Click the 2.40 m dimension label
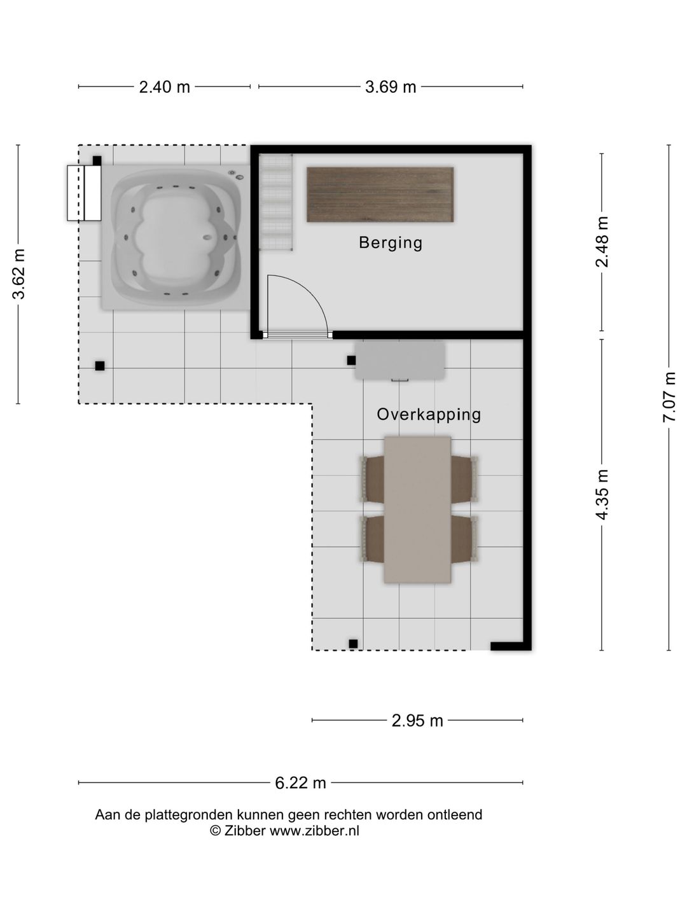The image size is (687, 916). (164, 87)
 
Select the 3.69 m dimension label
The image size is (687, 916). (391, 87)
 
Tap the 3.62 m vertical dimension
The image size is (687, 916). (19, 274)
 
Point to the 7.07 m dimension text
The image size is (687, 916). (669, 397)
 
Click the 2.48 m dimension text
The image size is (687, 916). (602, 242)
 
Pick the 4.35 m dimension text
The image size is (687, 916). (602, 494)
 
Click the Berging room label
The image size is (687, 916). (391, 243)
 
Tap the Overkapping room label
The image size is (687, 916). (429, 414)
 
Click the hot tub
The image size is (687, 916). (175, 237)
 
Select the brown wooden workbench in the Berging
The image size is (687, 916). (380, 195)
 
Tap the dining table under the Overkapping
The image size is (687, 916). (417, 510)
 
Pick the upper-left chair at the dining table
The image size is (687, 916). (372, 479)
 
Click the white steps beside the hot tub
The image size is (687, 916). (84, 193)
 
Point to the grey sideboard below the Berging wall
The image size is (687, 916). (399, 361)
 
